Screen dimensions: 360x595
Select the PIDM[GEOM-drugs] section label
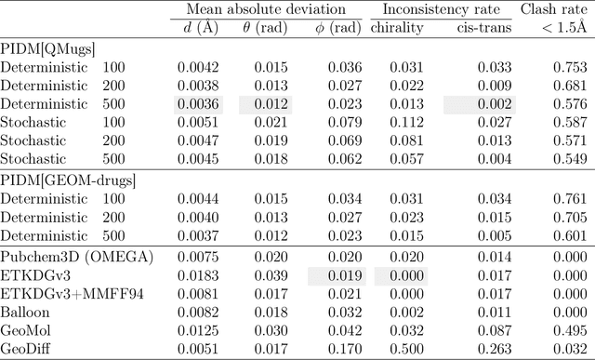[x=69, y=178]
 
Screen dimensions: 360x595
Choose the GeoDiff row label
[x=28, y=349]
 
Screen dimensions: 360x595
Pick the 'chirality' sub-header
[x=397, y=27]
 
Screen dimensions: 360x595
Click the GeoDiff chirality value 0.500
[x=405, y=349]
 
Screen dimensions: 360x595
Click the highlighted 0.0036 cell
[x=198, y=103]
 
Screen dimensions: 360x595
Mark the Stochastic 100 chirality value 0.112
[x=405, y=121]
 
